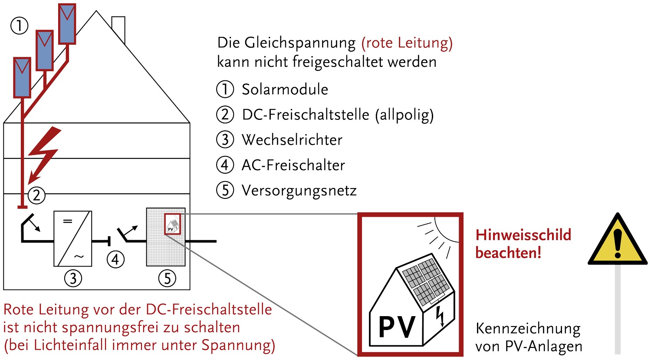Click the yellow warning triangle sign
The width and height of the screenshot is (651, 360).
click(618, 243)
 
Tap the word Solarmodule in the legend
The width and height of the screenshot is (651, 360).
click(285, 89)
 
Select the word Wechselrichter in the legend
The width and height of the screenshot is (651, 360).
click(292, 140)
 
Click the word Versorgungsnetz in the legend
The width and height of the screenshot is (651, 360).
click(299, 191)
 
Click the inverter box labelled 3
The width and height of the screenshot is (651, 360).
click(73, 238)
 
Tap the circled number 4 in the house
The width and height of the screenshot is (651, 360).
click(115, 259)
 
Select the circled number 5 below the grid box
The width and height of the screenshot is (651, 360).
click(168, 278)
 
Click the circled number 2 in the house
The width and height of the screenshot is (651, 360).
click(36, 195)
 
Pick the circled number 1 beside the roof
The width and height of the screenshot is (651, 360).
click(19, 26)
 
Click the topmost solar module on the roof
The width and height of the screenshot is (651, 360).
click(67, 24)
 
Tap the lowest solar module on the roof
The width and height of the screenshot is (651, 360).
click(22, 77)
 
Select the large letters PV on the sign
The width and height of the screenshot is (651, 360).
click(397, 327)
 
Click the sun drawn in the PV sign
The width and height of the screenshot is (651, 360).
click(447, 228)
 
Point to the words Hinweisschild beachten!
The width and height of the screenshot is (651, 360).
click(523, 244)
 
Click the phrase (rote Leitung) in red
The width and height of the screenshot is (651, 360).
click(407, 43)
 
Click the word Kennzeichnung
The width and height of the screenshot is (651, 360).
click(528, 329)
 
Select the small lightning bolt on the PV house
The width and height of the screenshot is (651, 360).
click(440, 316)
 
